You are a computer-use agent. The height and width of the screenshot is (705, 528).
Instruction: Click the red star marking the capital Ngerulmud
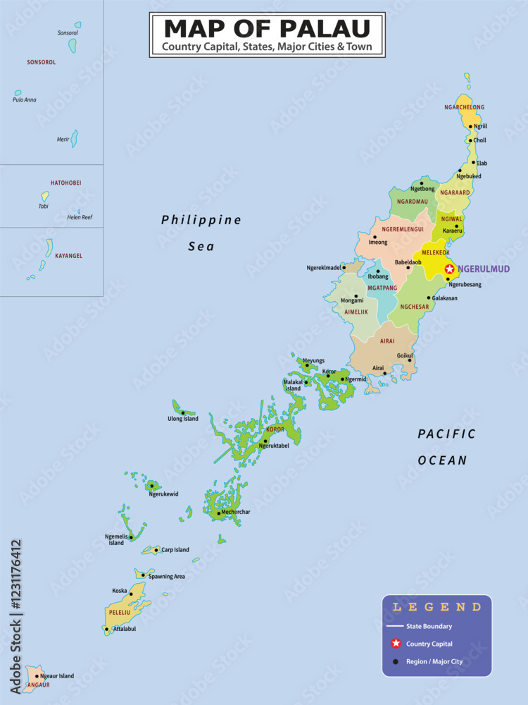point(449,269)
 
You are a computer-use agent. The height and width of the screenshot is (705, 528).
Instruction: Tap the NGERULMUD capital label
point(484,269)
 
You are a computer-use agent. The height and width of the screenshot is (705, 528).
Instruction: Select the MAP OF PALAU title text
point(267,28)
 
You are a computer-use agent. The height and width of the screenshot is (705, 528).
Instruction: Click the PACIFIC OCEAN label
point(446,447)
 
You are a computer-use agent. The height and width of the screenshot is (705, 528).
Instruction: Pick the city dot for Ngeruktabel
point(265,441)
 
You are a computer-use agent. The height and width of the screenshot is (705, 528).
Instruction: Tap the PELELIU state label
point(118,612)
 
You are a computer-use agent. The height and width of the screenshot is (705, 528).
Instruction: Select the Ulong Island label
point(183,419)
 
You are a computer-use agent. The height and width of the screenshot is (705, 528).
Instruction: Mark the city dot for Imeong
point(375,237)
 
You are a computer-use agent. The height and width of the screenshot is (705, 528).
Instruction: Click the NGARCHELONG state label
point(465,107)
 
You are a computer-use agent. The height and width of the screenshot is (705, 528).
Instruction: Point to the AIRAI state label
point(387,341)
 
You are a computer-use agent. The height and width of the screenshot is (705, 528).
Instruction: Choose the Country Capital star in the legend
point(396,643)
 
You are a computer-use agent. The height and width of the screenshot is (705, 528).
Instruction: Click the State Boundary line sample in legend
point(395,626)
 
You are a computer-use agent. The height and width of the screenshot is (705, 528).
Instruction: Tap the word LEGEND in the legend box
point(437,606)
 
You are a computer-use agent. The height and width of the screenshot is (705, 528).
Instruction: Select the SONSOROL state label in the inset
point(42,62)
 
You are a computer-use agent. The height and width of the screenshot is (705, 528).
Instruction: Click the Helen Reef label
point(80,217)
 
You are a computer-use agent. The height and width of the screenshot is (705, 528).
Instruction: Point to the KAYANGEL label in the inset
point(68,255)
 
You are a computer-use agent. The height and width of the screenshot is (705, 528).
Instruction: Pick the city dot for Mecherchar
point(219,513)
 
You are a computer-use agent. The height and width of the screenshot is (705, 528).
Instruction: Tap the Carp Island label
point(175,550)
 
